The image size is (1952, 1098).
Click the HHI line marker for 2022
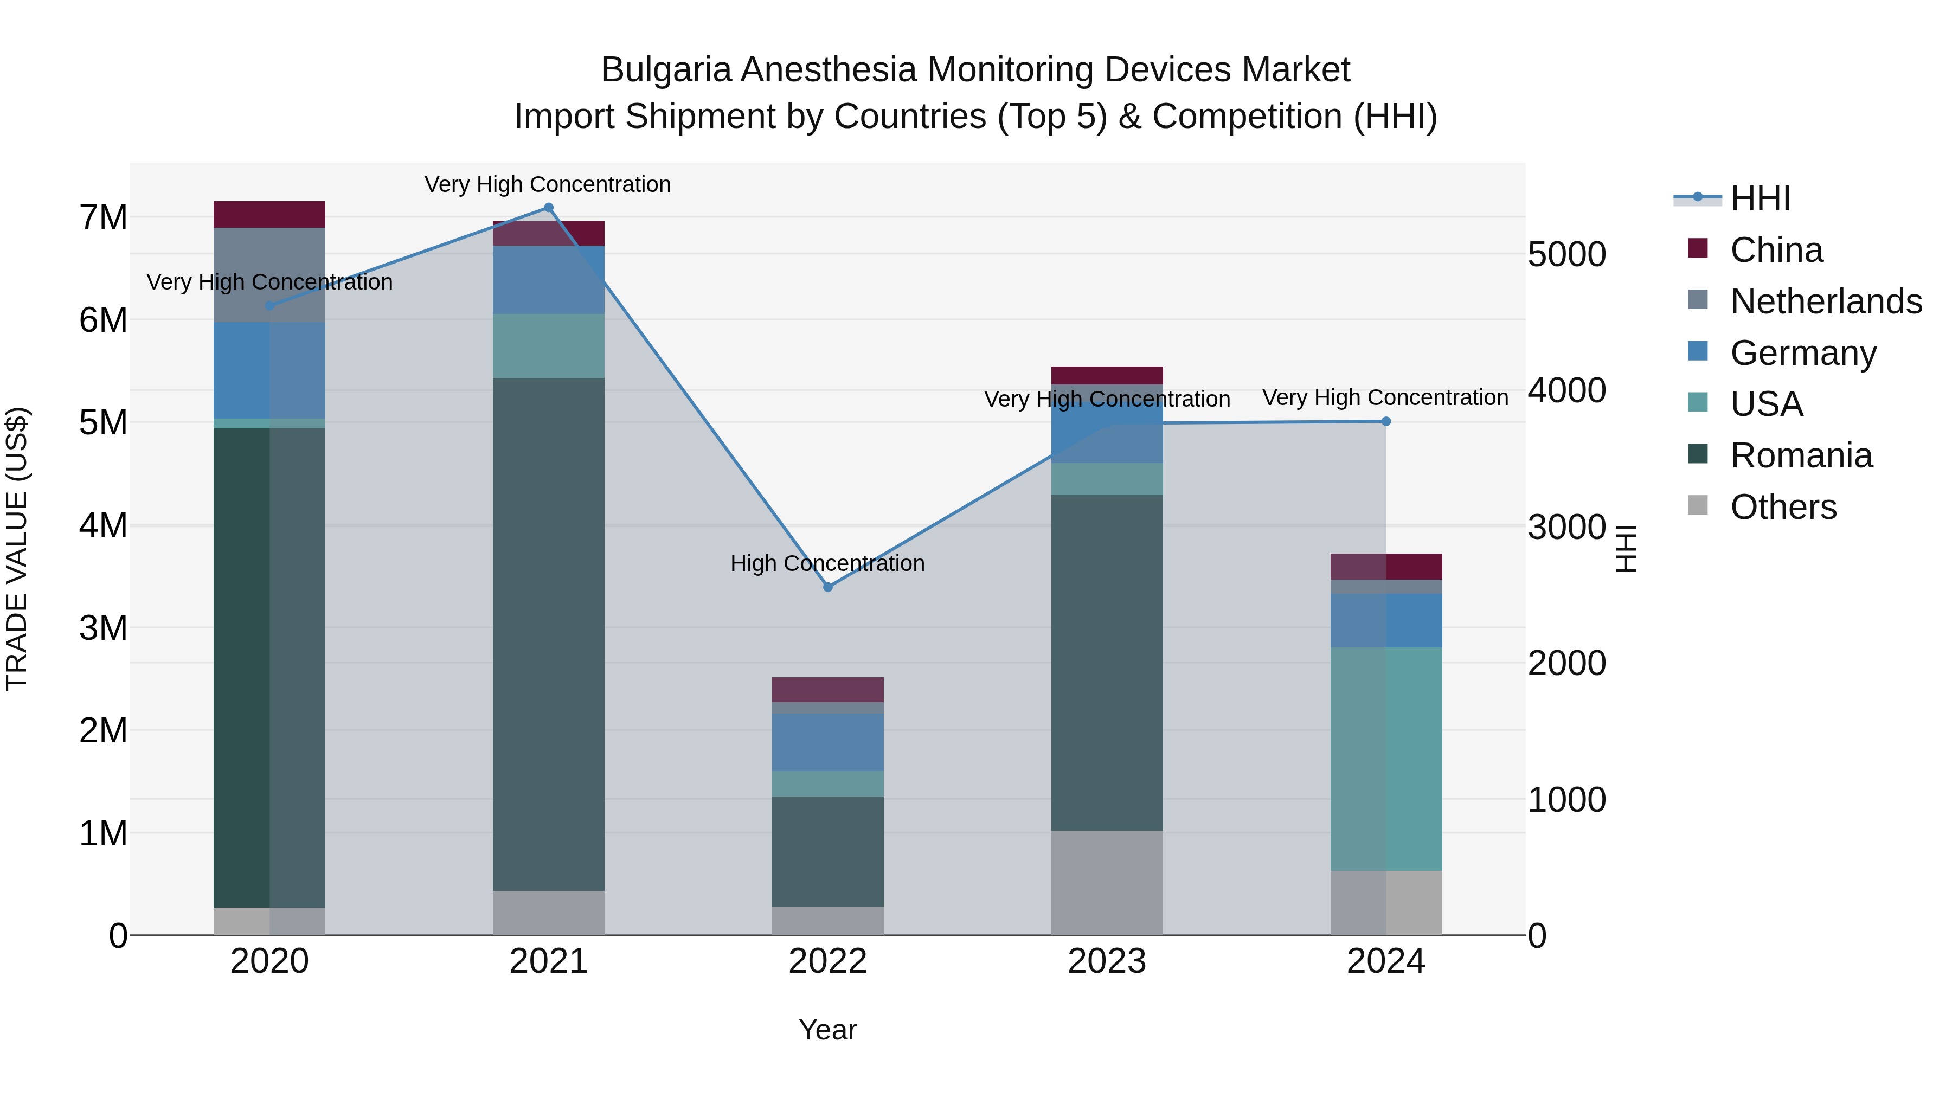pyautogui.click(x=827, y=587)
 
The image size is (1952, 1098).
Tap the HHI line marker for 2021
pyautogui.click(x=549, y=208)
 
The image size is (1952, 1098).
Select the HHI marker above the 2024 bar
pyautogui.click(x=1386, y=421)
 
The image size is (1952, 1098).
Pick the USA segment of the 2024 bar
pyautogui.click(x=1386, y=759)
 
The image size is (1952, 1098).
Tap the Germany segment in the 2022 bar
pyautogui.click(x=827, y=742)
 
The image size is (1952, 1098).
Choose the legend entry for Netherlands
pyautogui.click(x=1825, y=301)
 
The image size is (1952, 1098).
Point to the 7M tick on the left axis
pyautogui.click(x=103, y=218)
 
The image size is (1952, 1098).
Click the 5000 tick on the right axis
pyautogui.click(x=1565, y=255)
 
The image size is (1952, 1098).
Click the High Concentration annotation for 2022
pyautogui.click(x=827, y=564)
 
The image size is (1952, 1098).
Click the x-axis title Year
pyautogui.click(x=827, y=1030)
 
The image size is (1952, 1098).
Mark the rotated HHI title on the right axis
pyautogui.click(x=1627, y=549)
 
